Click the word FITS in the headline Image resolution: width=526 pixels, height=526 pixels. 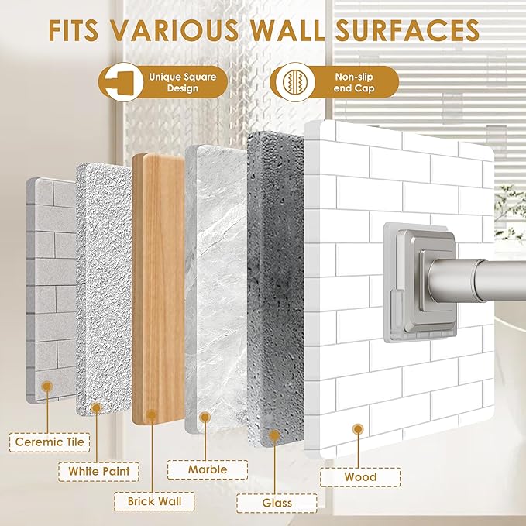tap(74, 30)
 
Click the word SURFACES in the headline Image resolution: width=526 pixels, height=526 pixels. tap(407, 30)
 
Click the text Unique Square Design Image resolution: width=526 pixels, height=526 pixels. tap(183, 83)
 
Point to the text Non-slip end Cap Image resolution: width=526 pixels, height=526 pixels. tap(354, 83)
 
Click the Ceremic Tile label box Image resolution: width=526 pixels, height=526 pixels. tap(50, 442)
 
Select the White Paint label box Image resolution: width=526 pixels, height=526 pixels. tap(98, 471)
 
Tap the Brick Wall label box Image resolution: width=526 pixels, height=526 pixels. tap(154, 501)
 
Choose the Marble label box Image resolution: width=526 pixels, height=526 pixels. tap(208, 469)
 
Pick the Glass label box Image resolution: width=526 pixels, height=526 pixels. tap(277, 504)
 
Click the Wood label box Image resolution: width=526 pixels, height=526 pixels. tap(360, 477)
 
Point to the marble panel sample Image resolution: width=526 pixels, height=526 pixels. tap(216, 288)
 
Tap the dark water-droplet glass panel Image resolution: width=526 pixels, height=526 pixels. tap(276, 288)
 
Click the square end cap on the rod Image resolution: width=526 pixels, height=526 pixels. tap(420, 283)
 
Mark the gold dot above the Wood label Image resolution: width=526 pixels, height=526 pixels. tap(358, 429)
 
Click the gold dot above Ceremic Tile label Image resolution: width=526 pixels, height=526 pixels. tap(47, 387)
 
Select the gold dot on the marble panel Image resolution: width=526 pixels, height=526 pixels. tap(205, 418)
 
